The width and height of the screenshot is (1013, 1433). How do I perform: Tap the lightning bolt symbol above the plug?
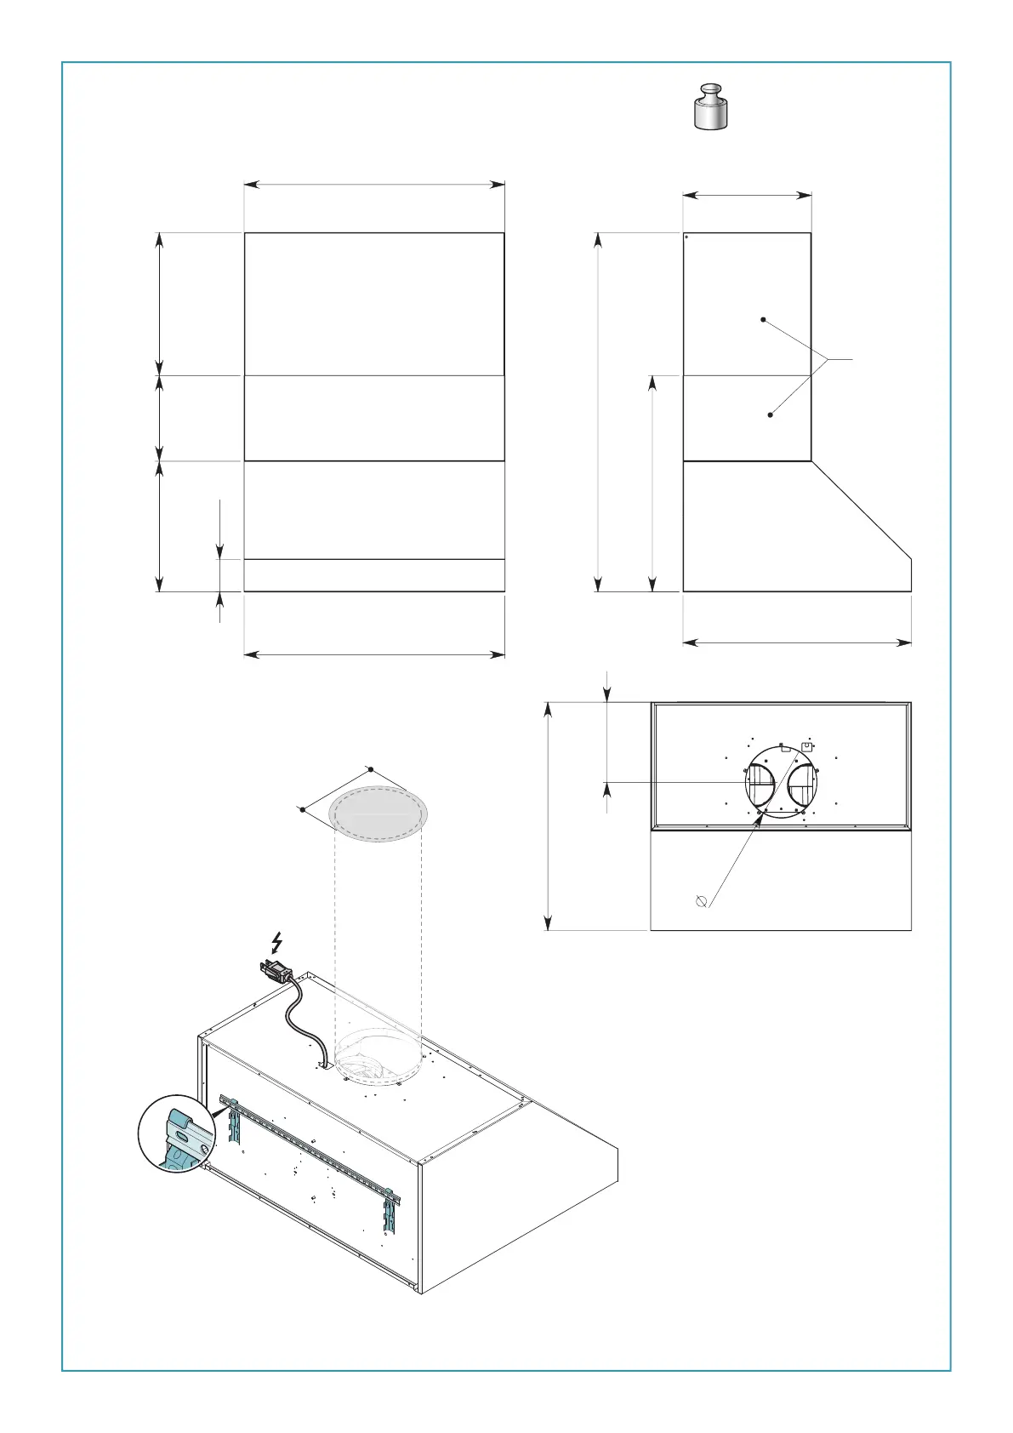276,942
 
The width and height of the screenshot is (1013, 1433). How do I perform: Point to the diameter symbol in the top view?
702,901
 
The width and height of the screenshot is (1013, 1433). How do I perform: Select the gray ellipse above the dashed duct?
378,814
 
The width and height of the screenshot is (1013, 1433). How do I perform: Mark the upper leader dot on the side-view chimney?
763,320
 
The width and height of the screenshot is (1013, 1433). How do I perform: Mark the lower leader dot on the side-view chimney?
771,415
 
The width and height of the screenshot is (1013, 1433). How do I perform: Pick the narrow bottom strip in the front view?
374,575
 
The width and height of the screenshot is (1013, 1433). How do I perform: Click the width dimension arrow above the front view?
374,183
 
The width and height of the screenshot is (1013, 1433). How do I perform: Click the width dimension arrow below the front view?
374,654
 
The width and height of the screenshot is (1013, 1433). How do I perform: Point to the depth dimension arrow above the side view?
747,196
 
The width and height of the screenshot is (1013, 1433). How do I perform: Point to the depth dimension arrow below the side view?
797,642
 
